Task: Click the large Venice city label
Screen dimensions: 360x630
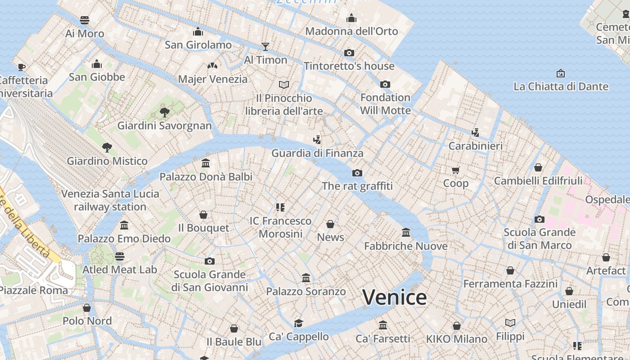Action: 395,297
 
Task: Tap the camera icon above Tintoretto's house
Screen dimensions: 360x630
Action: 349,53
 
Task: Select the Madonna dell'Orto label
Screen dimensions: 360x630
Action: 351,31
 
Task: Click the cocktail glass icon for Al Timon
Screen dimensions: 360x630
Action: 265,46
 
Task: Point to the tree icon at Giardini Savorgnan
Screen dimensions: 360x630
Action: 164,112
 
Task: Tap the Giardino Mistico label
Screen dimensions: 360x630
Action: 107,161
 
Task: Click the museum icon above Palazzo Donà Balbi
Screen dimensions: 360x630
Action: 206,163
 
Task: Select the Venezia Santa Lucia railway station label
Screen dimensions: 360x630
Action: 110,200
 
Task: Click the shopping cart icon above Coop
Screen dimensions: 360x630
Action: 456,170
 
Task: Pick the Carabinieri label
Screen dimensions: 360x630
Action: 476,146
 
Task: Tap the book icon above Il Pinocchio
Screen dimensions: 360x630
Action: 283,85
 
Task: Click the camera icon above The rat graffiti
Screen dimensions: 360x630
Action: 357,173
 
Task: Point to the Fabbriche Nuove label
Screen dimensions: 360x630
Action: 405,246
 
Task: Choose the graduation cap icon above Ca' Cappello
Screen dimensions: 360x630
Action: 298,323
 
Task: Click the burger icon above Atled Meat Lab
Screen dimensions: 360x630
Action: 119,256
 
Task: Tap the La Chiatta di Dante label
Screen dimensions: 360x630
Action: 561,86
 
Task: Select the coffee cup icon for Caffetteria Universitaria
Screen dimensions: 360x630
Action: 21,67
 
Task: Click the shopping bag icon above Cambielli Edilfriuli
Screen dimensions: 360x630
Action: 538,168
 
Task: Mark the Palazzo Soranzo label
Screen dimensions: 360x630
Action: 306,292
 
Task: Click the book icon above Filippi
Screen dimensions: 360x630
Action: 510,323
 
